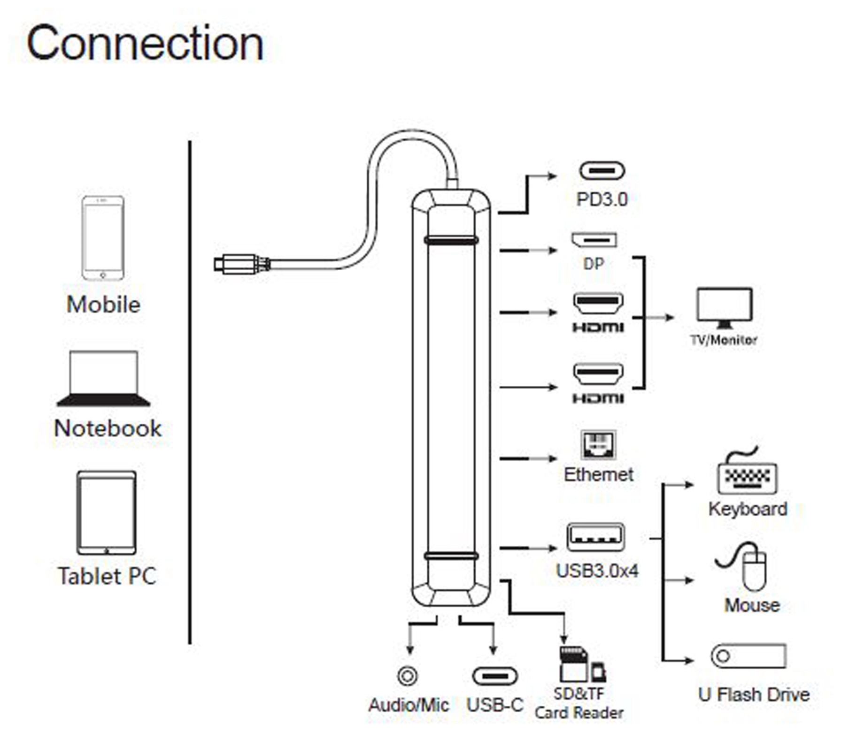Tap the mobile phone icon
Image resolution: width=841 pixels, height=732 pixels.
pos(103,238)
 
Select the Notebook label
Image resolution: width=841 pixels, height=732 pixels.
pos(108,428)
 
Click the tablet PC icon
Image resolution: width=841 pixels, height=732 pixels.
pos(107,513)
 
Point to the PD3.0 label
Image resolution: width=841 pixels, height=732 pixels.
pos(602,199)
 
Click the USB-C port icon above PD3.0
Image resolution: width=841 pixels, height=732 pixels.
pos(602,170)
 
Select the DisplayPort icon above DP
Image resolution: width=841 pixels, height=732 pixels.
pos(594,240)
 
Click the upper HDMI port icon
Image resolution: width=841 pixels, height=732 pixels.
pos(598,304)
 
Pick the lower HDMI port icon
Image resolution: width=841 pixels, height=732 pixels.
pos(598,374)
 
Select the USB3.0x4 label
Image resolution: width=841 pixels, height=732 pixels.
pos(597,571)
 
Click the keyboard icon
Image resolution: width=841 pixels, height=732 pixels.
pos(747,475)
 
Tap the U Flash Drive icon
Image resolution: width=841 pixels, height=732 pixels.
pos(748,656)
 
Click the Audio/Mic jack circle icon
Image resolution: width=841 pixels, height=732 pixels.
pos(407,676)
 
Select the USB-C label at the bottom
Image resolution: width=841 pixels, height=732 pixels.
pos(494,705)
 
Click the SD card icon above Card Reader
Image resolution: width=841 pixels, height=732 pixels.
pos(573,664)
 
